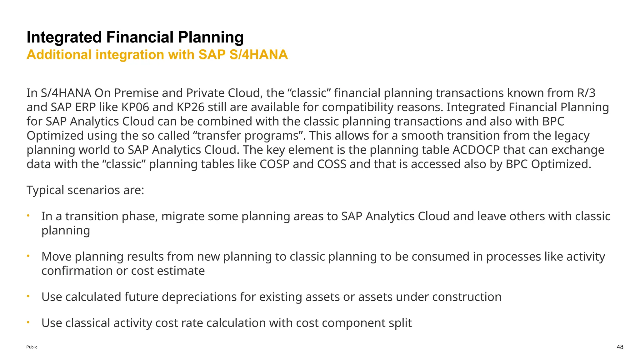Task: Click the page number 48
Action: (620, 347)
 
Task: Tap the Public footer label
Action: (32, 347)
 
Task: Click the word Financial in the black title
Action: (140, 37)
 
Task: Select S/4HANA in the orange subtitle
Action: (258, 55)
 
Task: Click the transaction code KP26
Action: (191, 107)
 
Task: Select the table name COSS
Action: (332, 164)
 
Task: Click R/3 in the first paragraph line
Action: (586, 93)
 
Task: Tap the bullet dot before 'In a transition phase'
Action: (28, 216)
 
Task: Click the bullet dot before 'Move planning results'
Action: (28, 256)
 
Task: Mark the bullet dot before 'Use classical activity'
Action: (28, 322)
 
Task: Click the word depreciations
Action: (199, 297)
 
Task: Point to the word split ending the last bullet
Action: (400, 323)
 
